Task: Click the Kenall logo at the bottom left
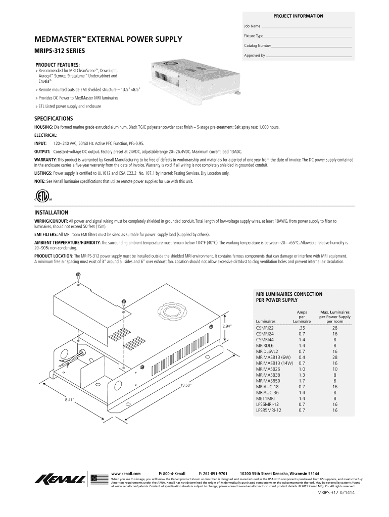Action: click(60, 479)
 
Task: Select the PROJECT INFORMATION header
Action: click(298, 16)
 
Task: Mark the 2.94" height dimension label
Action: click(227, 327)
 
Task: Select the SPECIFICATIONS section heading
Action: click(54, 118)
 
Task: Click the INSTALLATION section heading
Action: click(51, 213)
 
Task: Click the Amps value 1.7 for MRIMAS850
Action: click(302, 381)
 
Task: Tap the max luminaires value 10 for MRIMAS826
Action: click(334, 369)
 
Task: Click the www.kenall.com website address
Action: click(126, 468)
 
